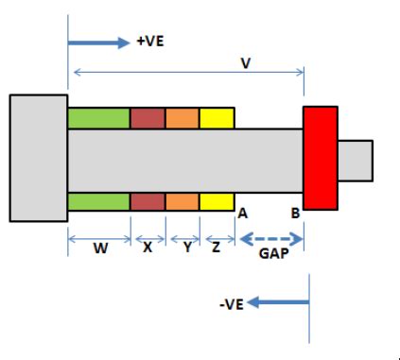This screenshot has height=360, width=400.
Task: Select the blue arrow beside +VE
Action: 99,42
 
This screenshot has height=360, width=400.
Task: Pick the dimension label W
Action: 97,251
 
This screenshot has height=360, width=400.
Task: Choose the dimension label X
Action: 148,251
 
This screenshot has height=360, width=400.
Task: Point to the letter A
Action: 242,214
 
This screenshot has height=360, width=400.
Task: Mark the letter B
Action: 295,214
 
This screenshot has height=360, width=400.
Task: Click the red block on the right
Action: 320,157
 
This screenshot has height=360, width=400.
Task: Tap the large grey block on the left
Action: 38,156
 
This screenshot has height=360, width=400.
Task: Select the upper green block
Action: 98,119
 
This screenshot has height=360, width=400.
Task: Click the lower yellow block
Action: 217,201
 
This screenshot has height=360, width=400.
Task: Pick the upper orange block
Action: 182,119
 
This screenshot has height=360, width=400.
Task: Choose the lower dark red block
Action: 148,201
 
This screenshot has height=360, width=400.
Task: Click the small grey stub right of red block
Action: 355,158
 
